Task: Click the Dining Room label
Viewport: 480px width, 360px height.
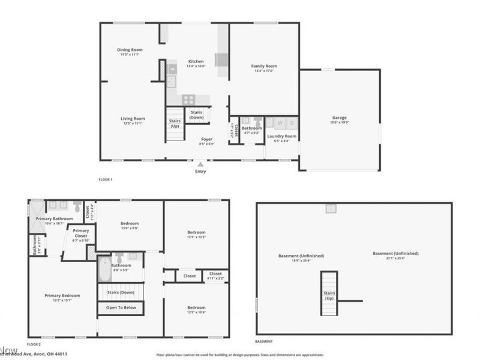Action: (129, 50)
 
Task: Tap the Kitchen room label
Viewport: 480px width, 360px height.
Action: (196, 61)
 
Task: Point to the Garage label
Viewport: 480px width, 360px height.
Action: (340, 118)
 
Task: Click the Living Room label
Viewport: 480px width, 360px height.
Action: (133, 119)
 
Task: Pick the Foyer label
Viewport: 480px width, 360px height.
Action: (206, 139)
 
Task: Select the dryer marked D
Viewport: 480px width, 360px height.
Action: (292, 123)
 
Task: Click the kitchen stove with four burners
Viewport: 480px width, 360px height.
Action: (189, 100)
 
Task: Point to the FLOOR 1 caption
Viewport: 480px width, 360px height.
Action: (106, 179)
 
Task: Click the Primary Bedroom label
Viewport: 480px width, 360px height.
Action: (62, 295)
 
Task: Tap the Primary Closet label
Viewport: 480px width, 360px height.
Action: (80, 233)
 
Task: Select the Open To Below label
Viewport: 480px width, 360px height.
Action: (121, 308)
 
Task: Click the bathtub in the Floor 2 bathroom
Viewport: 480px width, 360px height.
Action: (103, 269)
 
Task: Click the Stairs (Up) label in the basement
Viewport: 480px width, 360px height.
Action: (329, 296)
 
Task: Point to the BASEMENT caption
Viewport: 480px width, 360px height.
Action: (263, 341)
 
